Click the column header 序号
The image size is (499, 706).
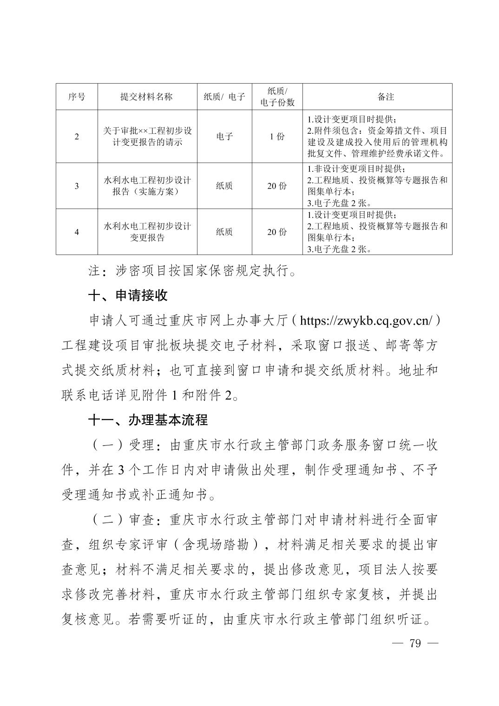[x=77, y=97]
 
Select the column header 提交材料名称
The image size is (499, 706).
[x=147, y=97]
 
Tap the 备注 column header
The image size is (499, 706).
[x=386, y=97]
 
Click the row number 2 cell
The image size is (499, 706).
[x=77, y=137]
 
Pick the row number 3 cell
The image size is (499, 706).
[x=77, y=186]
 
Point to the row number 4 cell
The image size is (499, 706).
[x=77, y=232]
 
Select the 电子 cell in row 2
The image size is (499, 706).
[x=224, y=137]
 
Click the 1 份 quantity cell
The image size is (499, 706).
[x=277, y=137]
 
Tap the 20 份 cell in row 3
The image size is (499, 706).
[x=277, y=186]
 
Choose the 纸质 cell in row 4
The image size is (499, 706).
[x=224, y=232]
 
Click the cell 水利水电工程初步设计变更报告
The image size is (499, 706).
[x=147, y=232]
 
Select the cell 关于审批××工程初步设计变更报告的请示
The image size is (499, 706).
[x=147, y=137]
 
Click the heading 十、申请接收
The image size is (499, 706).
[x=128, y=295]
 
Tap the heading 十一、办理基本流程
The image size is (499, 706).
[x=148, y=420]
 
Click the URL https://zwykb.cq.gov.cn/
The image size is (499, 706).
[x=367, y=320]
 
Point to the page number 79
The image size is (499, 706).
[x=415, y=643]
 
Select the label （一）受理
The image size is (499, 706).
[x=122, y=445]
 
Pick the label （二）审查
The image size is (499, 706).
[x=122, y=520]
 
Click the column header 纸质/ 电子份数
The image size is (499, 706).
[x=277, y=97]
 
